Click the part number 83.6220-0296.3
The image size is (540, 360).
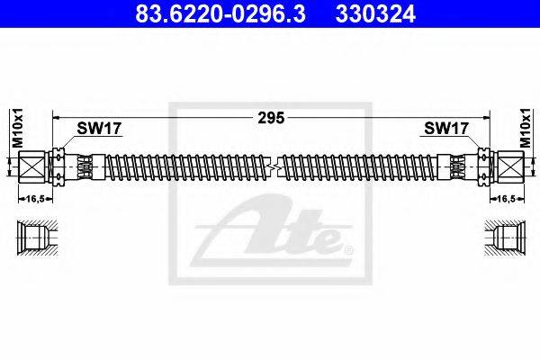220,13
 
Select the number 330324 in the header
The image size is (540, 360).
375,13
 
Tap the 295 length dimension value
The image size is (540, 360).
272,118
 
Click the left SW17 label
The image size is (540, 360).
99,129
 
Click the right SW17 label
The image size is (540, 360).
446,129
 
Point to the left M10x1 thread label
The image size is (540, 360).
17,128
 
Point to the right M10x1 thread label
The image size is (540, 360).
526,128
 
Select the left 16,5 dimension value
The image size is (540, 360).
36,199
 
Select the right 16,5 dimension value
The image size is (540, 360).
506,199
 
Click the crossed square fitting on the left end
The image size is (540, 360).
31,167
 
